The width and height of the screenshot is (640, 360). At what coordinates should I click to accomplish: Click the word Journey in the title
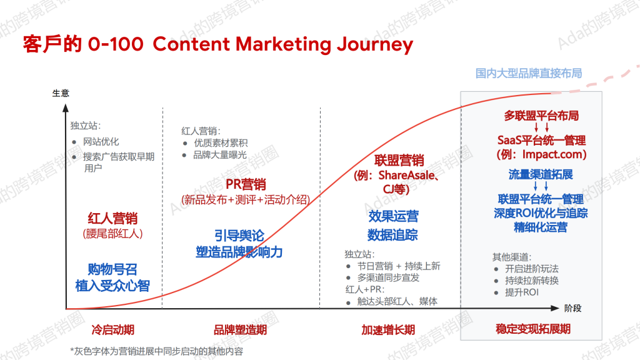[375, 45]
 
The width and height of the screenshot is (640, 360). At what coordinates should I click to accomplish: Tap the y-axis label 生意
[61, 93]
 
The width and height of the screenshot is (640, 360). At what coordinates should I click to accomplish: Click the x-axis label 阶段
[572, 308]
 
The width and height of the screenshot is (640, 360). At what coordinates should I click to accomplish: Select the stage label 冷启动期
[112, 330]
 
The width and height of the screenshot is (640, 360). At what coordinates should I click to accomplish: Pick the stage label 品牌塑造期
[240, 330]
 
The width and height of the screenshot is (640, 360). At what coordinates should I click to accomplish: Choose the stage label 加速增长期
[388, 330]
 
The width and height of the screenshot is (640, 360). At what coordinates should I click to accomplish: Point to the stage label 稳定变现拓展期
[533, 329]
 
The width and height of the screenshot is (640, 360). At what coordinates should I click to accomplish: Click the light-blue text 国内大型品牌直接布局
[529, 74]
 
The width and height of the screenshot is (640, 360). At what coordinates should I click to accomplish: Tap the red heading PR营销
[246, 184]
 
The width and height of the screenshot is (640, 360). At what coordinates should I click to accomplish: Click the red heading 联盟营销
[399, 161]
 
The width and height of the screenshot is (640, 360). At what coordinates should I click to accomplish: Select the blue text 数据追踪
[392, 235]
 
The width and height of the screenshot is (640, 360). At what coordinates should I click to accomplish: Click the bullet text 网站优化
[101, 142]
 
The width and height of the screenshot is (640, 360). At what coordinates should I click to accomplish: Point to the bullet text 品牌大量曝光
[220, 155]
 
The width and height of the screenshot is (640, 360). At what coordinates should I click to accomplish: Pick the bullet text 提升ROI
[522, 292]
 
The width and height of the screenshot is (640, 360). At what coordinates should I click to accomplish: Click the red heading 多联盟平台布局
[541, 116]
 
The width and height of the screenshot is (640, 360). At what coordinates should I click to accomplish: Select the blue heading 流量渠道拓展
[541, 175]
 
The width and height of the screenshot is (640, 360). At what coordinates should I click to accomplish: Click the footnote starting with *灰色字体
[157, 351]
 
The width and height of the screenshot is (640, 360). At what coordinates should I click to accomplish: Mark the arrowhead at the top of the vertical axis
[65, 107]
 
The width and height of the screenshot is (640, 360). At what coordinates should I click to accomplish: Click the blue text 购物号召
[112, 269]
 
